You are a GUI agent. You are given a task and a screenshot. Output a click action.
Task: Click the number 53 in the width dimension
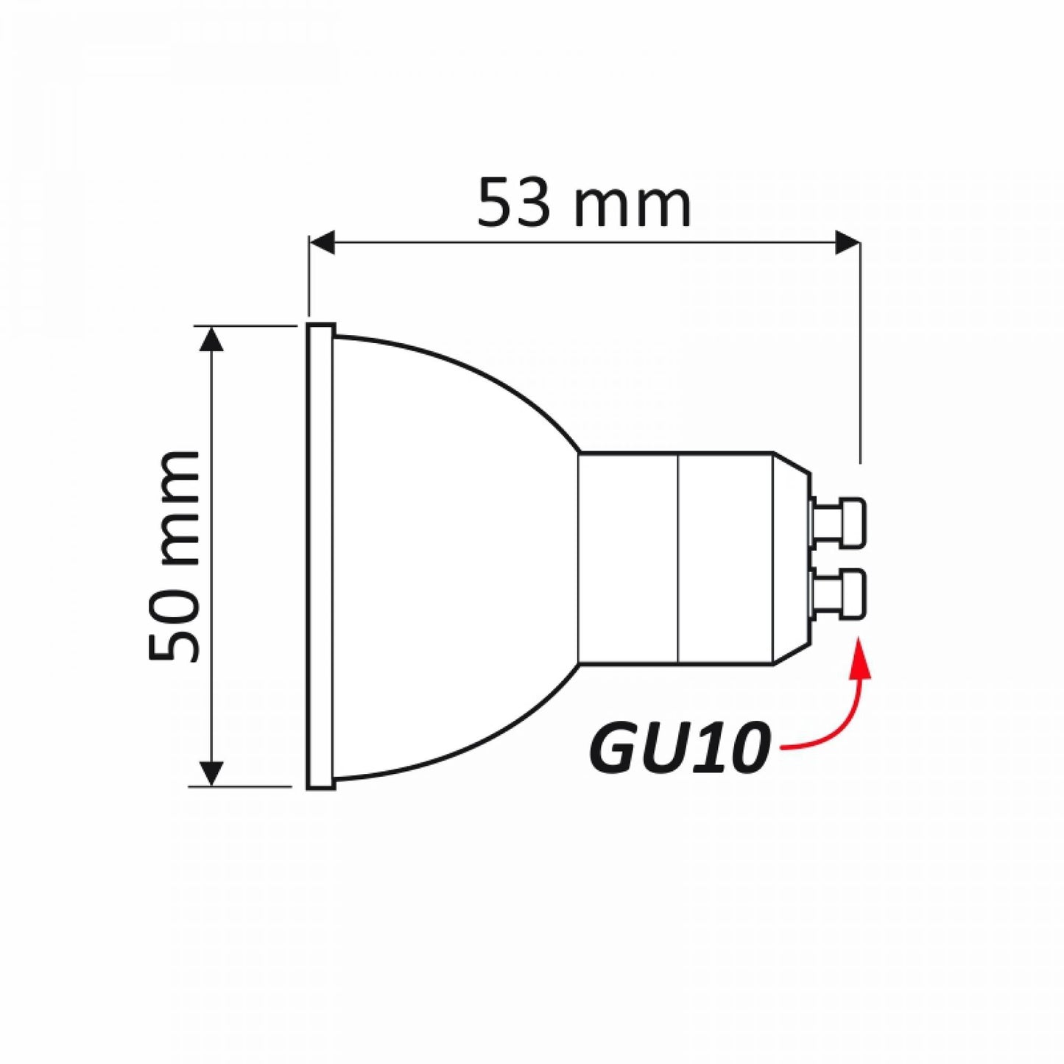(514, 202)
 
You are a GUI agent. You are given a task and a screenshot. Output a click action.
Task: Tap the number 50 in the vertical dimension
(175, 626)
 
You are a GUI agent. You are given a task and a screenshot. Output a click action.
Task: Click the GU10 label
(679, 747)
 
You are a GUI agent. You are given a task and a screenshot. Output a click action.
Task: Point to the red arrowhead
(859, 658)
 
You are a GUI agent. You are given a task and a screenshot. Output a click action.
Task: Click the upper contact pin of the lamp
(839, 524)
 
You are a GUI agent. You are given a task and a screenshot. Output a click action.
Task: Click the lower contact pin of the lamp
(839, 593)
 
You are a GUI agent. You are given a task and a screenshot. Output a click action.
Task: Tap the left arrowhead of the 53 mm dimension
(322, 242)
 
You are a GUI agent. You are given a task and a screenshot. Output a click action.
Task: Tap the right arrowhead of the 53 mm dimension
(848, 242)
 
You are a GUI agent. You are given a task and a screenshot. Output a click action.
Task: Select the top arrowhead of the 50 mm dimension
(211, 340)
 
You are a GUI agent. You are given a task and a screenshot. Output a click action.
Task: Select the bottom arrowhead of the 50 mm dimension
(211, 772)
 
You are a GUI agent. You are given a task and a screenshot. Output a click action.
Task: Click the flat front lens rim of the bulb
(320, 557)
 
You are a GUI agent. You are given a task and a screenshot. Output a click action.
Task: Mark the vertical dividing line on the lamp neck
(677, 558)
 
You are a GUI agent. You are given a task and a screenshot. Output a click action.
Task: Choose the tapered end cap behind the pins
(792, 558)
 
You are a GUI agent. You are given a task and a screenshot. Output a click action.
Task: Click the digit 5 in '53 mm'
(495, 202)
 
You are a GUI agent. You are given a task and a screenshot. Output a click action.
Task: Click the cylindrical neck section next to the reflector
(627, 558)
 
